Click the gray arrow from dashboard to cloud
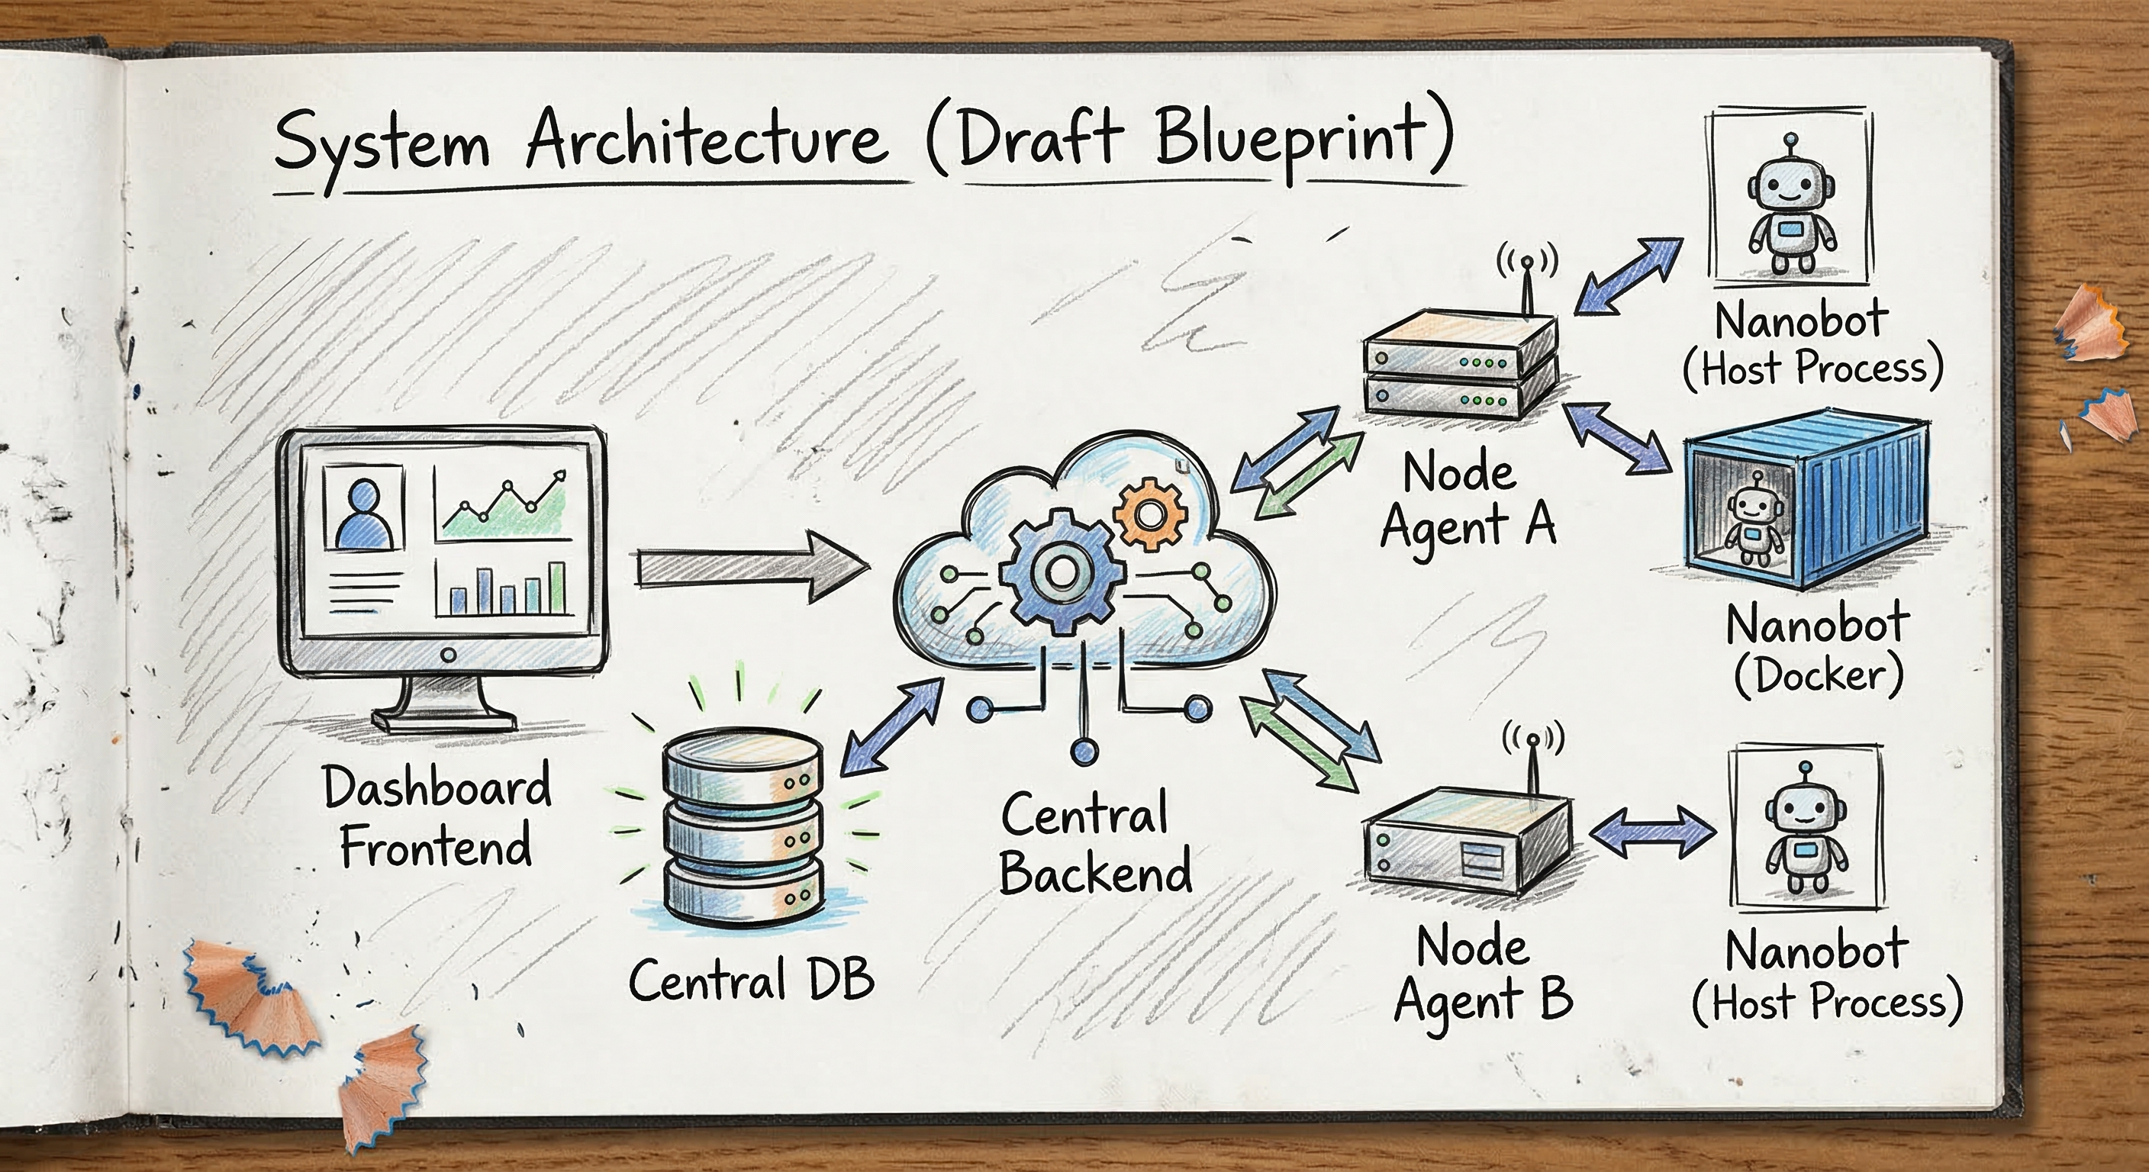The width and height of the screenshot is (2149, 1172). (x=751, y=570)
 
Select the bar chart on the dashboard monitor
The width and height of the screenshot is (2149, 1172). (x=505, y=588)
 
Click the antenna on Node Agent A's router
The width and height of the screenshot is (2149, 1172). (x=1526, y=284)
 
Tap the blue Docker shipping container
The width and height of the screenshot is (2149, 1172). (x=1810, y=501)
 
